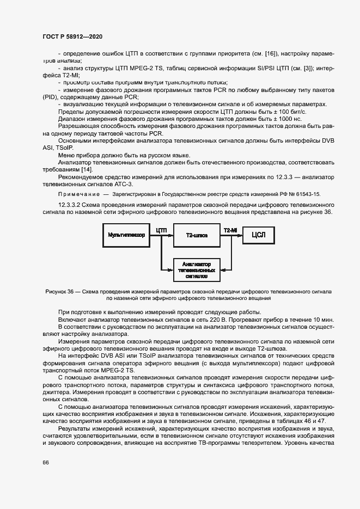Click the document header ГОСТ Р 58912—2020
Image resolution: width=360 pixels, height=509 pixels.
tap(72, 36)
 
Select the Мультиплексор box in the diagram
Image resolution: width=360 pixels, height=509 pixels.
tap(126, 235)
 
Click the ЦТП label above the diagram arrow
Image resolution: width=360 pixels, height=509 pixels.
tap(161, 230)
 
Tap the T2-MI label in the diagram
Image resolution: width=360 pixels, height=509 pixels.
tap(230, 230)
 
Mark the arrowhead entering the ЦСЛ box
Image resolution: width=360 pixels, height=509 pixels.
tap(240, 235)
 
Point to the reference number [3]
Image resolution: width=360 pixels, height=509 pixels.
tap(309, 68)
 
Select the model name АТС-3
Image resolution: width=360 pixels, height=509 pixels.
tap(124, 185)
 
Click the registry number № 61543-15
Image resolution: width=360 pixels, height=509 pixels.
tap(300, 194)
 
